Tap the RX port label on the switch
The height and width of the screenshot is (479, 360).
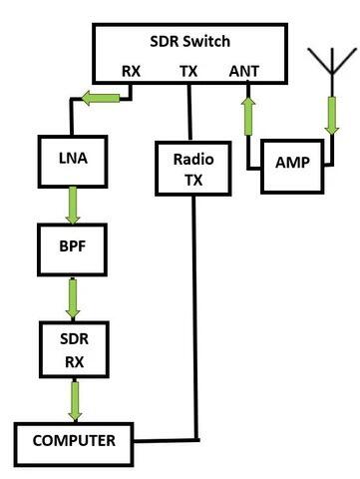[x=132, y=72]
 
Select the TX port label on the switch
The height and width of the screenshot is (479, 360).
[x=187, y=72]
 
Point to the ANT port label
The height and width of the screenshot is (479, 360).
[x=243, y=72]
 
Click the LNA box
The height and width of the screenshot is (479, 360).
[x=73, y=162]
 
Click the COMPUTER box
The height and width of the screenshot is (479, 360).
[x=72, y=439]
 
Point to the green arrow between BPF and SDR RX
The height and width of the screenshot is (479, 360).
[x=73, y=292]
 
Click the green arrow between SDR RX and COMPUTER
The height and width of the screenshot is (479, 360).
[x=73, y=401]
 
